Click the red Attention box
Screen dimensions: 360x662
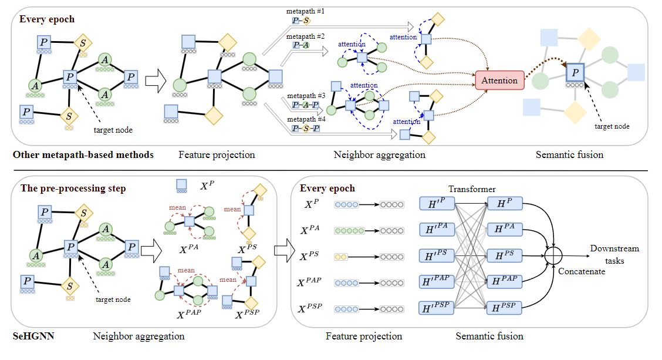click(x=499, y=80)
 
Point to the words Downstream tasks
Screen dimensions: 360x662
click(x=614, y=254)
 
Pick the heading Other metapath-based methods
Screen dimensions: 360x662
click(x=84, y=155)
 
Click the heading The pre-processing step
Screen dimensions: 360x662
click(x=73, y=189)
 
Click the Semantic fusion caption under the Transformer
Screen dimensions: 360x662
click(x=489, y=337)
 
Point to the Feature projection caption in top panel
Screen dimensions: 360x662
click(x=217, y=155)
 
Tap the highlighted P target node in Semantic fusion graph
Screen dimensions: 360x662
click(x=575, y=73)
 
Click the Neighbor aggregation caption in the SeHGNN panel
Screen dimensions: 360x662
click(x=139, y=337)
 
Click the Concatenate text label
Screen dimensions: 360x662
click(x=582, y=271)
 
